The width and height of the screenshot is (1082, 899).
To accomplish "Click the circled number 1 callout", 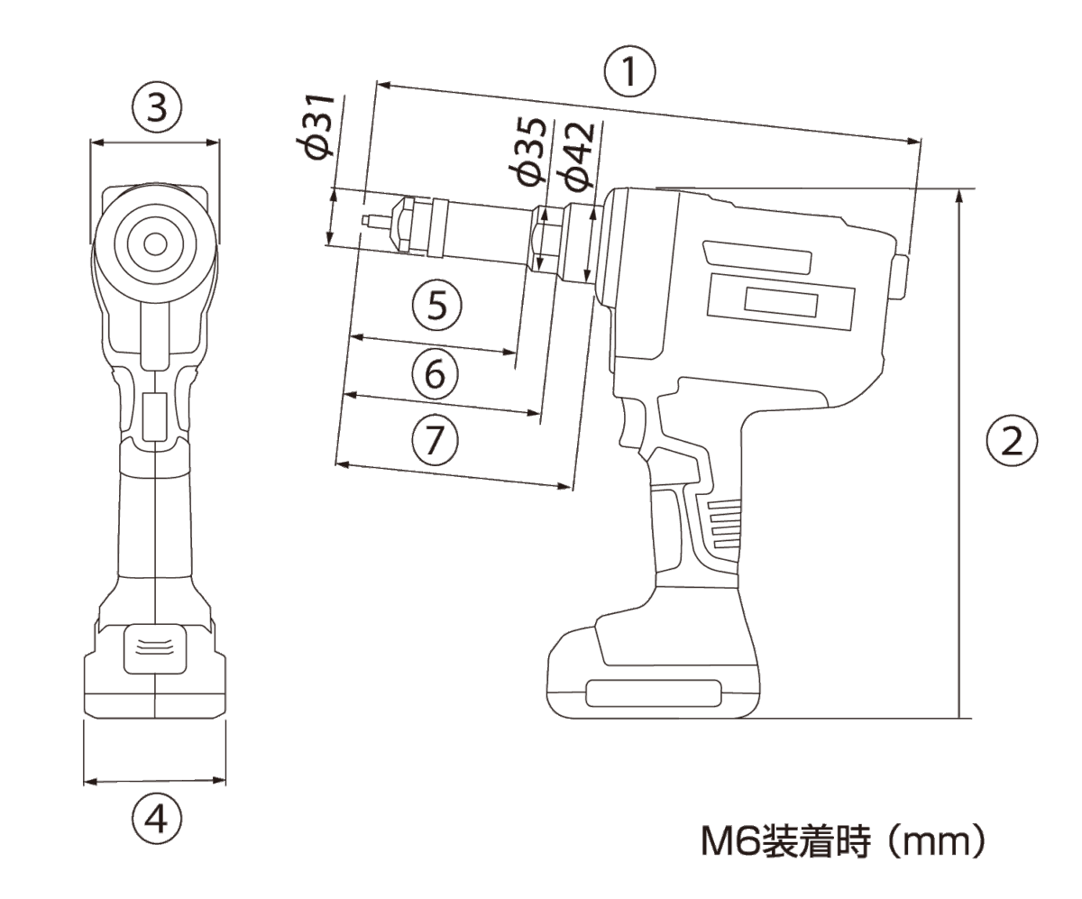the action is [x=629, y=71].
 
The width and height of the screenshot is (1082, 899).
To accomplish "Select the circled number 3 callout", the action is [x=157, y=109].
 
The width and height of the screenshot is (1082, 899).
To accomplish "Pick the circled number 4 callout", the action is [x=157, y=820].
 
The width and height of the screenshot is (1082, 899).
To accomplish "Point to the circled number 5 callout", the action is [x=436, y=305].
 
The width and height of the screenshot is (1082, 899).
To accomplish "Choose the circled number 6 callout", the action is [x=436, y=374].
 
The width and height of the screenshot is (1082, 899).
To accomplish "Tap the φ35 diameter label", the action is [x=527, y=151].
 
